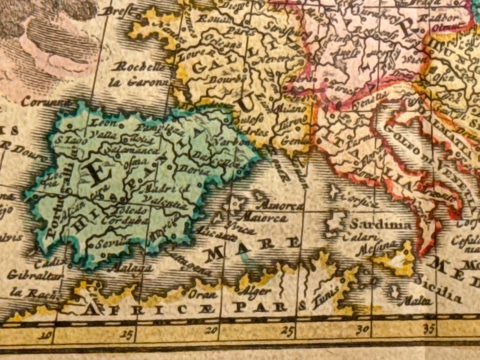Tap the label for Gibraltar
[28, 276]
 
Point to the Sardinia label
[381, 225]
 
